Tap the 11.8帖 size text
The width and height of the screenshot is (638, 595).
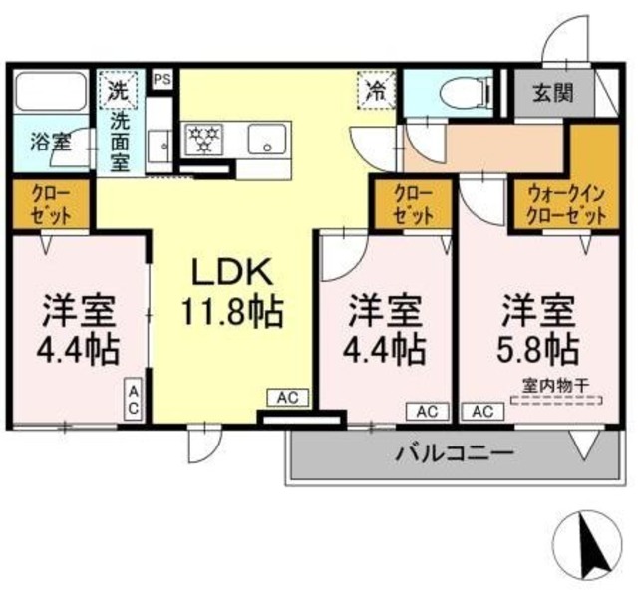(x=231, y=312)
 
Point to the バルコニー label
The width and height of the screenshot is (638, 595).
(x=454, y=454)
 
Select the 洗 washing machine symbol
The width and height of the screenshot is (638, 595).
(x=119, y=90)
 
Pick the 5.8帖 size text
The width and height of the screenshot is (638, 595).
(x=538, y=349)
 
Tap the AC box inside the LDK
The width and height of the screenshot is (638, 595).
(x=287, y=398)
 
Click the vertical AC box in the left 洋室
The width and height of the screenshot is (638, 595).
(x=133, y=399)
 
